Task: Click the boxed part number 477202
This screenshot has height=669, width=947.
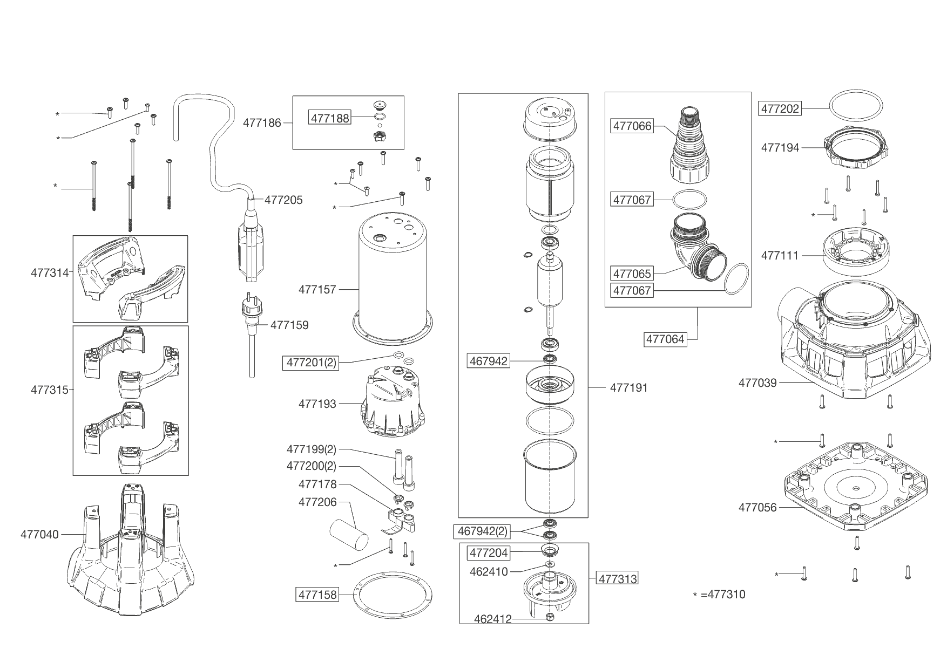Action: pyautogui.click(x=780, y=108)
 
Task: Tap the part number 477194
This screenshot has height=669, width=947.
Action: pyautogui.click(x=780, y=147)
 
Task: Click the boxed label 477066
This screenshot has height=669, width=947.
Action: pyautogui.click(x=632, y=126)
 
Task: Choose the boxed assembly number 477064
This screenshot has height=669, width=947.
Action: pyautogui.click(x=666, y=339)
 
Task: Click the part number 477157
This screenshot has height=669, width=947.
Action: pyautogui.click(x=317, y=289)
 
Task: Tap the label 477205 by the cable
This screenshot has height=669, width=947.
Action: pyautogui.click(x=283, y=200)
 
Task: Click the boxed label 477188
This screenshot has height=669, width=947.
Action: pyautogui.click(x=329, y=117)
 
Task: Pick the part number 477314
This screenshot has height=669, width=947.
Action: pyautogui.click(x=50, y=272)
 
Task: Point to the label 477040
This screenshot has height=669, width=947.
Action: pyautogui.click(x=39, y=535)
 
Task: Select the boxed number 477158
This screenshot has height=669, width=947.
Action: pyautogui.click(x=317, y=595)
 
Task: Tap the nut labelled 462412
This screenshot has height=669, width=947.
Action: pyautogui.click(x=549, y=617)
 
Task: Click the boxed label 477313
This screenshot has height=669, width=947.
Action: pyautogui.click(x=618, y=579)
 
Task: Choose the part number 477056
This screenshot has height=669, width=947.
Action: pyautogui.click(x=757, y=507)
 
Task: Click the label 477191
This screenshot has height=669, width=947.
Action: pyautogui.click(x=629, y=387)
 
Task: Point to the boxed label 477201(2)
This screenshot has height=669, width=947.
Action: pyautogui.click(x=311, y=363)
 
